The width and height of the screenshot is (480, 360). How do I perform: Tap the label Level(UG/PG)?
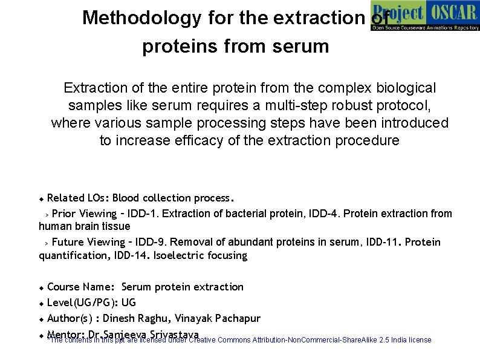[x=82, y=303]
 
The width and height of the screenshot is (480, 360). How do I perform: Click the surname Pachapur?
[x=236, y=318]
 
